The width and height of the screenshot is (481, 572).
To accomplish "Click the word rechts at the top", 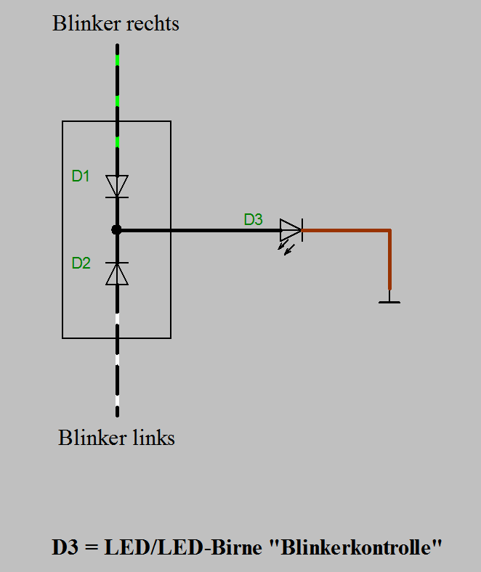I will (x=153, y=23).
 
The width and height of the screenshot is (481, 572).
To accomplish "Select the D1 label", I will (x=81, y=176).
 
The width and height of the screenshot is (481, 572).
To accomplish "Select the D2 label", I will (x=81, y=263).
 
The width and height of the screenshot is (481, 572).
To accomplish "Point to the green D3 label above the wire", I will (x=253, y=219).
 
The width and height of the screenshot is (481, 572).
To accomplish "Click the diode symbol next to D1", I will (x=117, y=186).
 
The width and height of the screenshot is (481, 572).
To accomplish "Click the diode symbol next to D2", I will (x=117, y=273).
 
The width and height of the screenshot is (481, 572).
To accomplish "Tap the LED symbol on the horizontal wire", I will (x=291, y=230).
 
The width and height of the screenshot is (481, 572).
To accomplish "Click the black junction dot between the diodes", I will (x=116, y=230).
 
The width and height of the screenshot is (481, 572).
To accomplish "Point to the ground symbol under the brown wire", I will (x=389, y=299).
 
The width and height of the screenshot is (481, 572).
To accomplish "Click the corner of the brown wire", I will (x=389, y=231).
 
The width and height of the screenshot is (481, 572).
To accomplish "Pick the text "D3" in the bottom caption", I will (x=65, y=547).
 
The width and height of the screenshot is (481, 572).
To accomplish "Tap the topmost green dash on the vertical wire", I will (x=117, y=60).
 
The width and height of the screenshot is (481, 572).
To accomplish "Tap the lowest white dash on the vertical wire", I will (x=117, y=401).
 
